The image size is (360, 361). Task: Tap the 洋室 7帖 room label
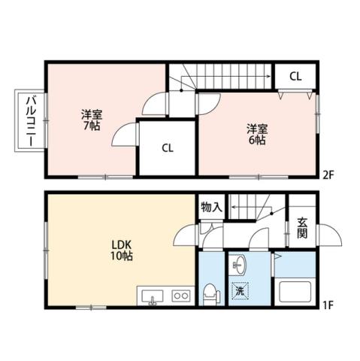(92, 120)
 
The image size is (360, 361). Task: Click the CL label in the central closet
(167, 147)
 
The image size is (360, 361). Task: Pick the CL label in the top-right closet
(295, 76)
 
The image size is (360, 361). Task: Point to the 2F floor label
(328, 174)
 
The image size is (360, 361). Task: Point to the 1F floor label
(328, 305)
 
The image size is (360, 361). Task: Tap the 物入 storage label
(211, 206)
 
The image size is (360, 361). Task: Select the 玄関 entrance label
(302, 227)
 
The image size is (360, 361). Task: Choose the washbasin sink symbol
(239, 265)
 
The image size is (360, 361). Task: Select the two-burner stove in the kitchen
(181, 296)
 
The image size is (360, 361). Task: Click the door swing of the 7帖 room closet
(126, 135)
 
